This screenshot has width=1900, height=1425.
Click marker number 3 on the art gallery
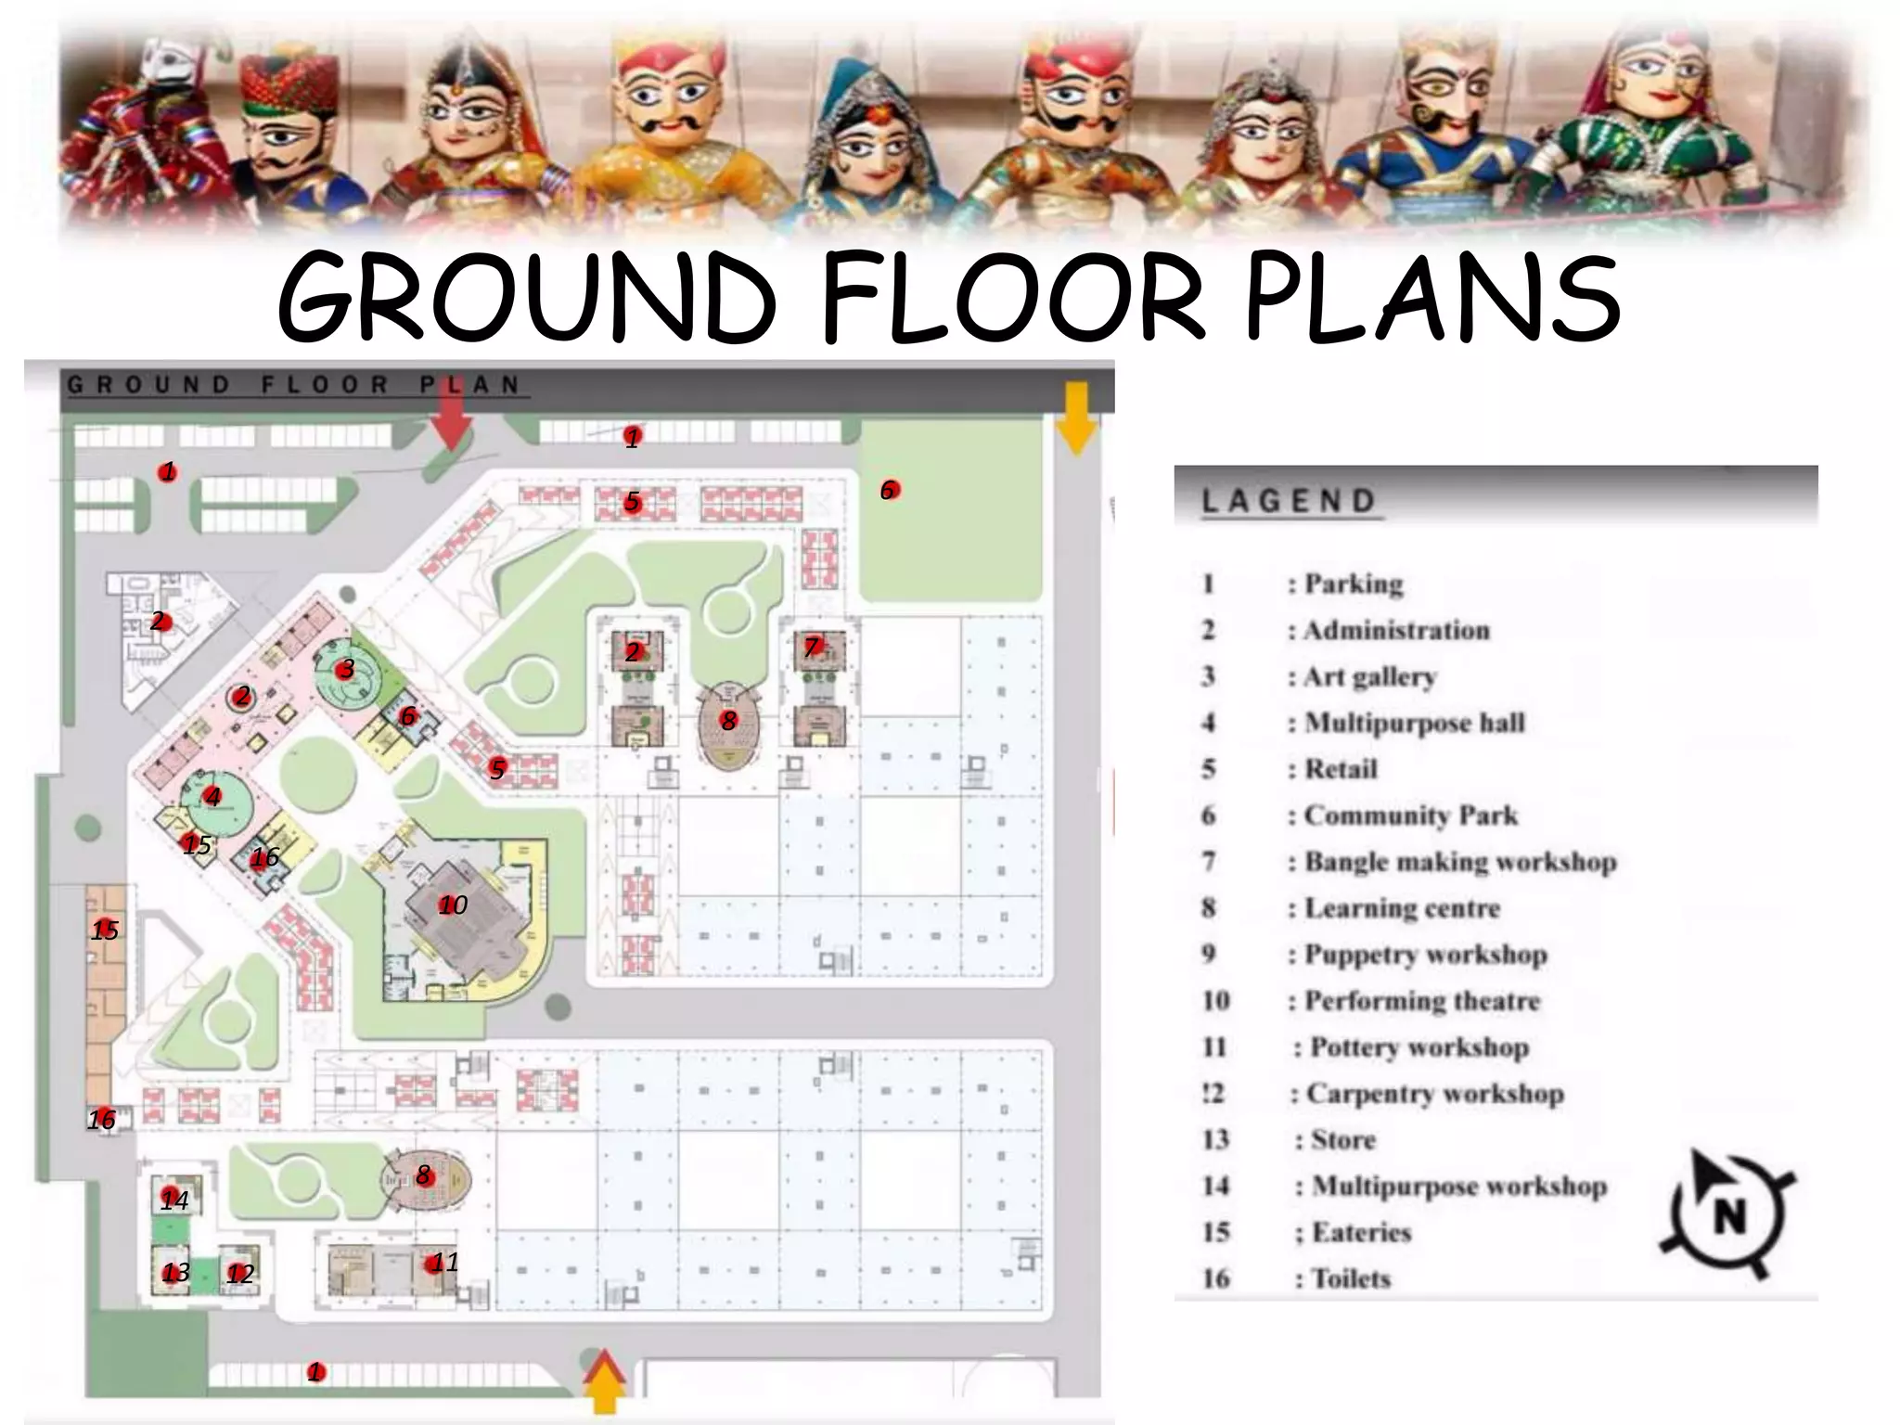pos(346,668)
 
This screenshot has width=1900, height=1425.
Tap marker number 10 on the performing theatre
pos(452,905)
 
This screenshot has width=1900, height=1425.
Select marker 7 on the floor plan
pos(813,647)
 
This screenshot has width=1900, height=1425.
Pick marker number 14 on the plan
pos(173,1200)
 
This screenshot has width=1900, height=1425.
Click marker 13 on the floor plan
pos(174,1272)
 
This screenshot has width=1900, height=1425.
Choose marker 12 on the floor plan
pos(239,1273)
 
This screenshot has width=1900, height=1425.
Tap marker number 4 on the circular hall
pos(213,796)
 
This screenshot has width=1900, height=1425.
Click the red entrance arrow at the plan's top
pos(452,419)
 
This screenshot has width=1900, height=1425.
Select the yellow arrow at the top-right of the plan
pos(1075,418)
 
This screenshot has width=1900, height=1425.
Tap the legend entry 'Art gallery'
pos(1369,676)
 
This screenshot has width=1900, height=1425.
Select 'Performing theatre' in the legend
pos(1421,1001)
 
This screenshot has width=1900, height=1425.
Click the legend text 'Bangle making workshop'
pos(1460,862)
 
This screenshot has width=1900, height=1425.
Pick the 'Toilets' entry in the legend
pos(1351,1278)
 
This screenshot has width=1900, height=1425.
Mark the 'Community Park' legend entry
pos(1410,815)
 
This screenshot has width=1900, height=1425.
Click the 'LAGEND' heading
pos(1289,502)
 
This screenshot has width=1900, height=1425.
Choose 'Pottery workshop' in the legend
pos(1419,1047)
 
